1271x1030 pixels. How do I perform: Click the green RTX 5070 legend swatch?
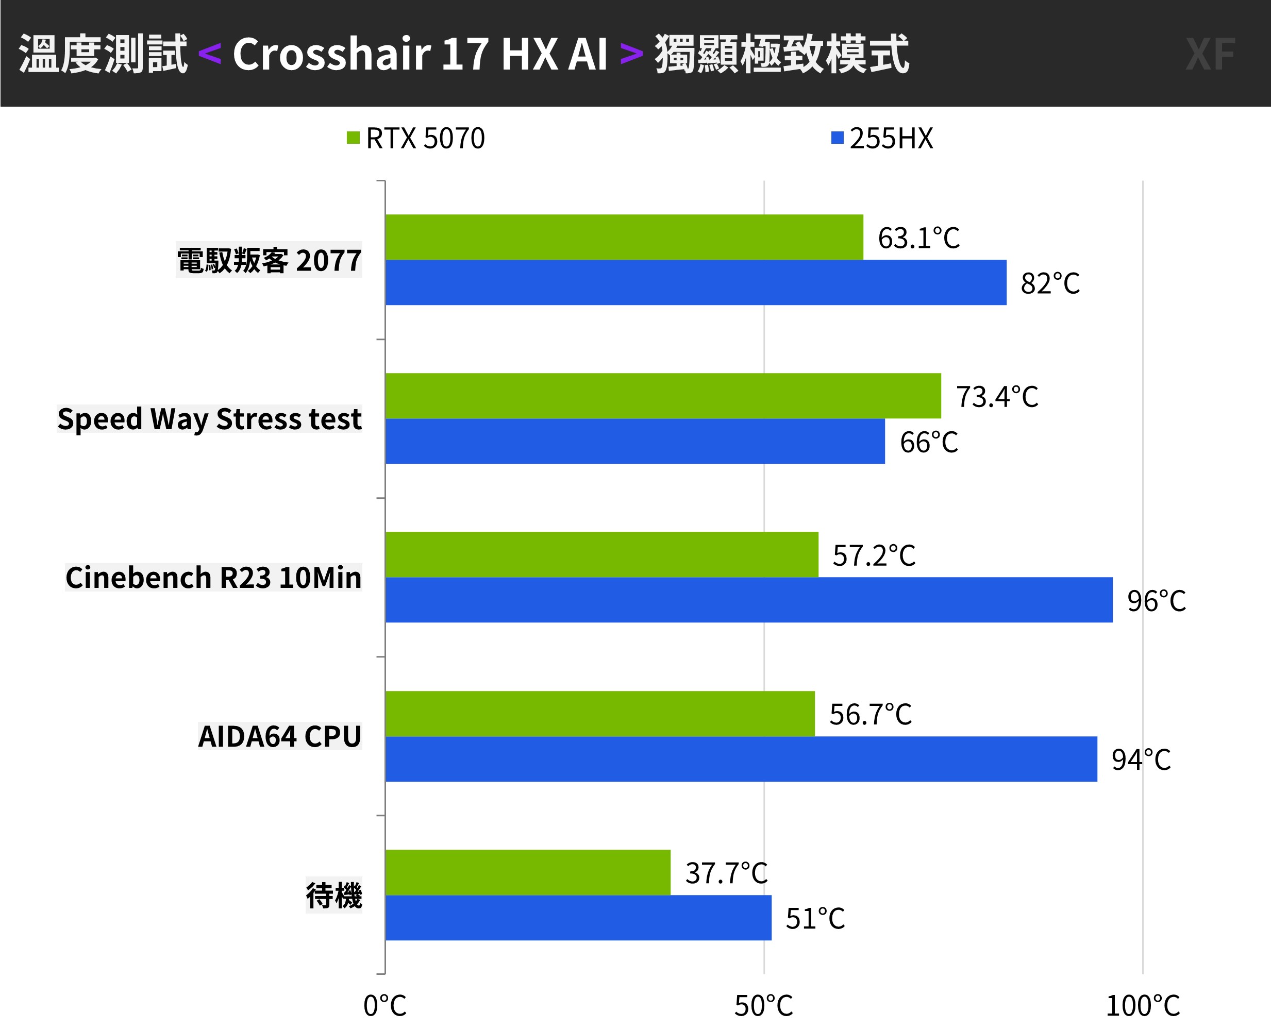coord(353,138)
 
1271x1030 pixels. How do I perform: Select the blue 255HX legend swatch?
coord(837,138)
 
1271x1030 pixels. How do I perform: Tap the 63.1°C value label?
coord(918,238)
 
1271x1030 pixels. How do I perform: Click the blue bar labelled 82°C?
coord(695,282)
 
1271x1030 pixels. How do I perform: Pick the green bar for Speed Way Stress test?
coord(663,396)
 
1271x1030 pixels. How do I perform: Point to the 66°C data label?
coord(929,442)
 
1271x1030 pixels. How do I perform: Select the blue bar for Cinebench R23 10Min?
coord(749,600)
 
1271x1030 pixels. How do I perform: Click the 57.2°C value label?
coord(874,555)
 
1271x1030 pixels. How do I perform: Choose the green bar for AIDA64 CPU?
coord(600,714)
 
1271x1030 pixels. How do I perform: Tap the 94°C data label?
coord(1141,759)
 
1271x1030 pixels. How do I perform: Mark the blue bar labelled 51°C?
coord(578,918)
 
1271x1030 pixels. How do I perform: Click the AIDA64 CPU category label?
coord(279,736)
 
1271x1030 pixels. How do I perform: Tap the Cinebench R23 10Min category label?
coord(213,577)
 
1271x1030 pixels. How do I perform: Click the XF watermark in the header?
coord(1211,55)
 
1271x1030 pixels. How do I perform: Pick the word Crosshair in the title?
coord(332,54)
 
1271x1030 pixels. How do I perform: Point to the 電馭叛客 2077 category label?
coord(269,260)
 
